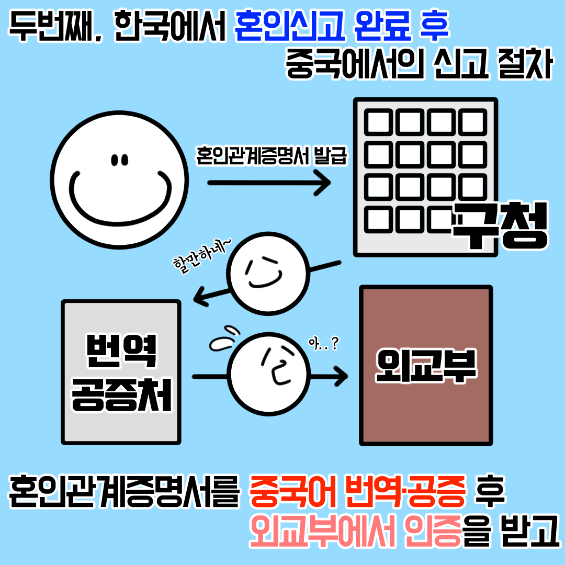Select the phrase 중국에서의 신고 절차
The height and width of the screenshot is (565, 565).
419,65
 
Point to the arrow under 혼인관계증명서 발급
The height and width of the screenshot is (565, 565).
269,183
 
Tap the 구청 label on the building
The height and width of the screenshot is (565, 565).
500,225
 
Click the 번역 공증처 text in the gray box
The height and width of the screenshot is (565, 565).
121,372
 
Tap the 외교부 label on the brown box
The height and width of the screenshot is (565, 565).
426,366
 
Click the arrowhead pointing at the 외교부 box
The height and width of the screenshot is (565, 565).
341,376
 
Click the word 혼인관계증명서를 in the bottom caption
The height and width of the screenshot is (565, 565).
125,493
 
